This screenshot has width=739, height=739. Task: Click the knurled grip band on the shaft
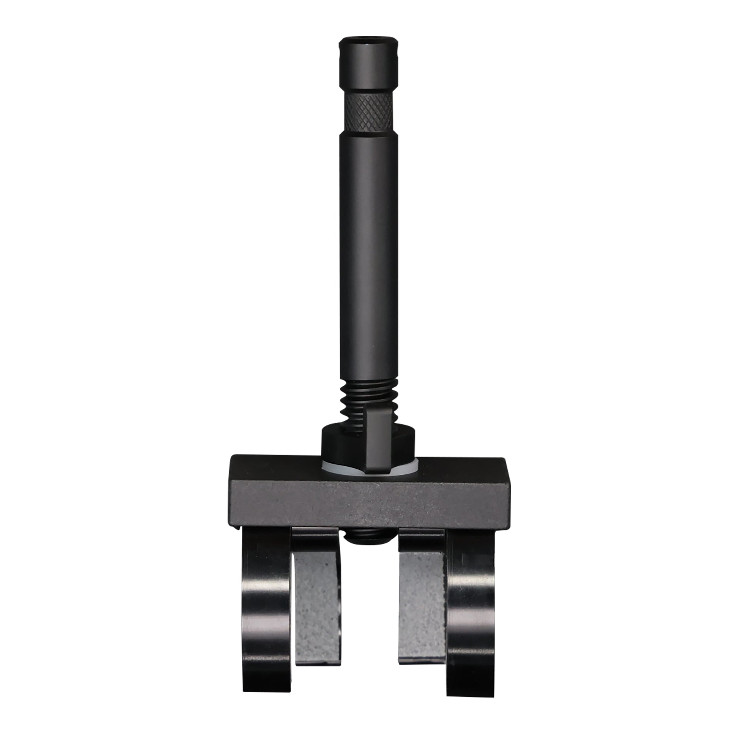369,112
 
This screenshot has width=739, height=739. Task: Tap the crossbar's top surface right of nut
459,464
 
